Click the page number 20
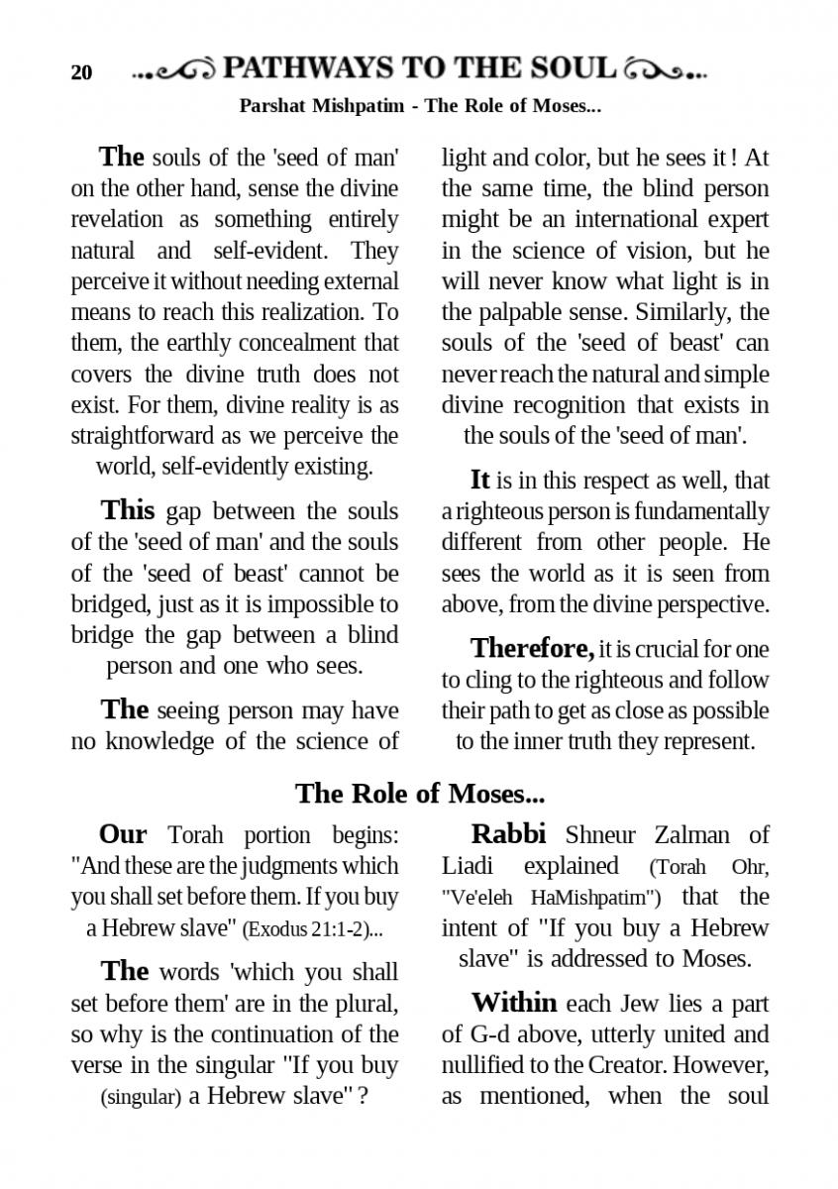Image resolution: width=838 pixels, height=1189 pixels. [x=81, y=72]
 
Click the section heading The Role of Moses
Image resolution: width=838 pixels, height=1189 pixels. [x=419, y=793]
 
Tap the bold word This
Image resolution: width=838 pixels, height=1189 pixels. [x=128, y=511]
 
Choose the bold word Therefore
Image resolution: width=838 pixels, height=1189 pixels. [x=532, y=649]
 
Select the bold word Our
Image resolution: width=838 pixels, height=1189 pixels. [x=123, y=834]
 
